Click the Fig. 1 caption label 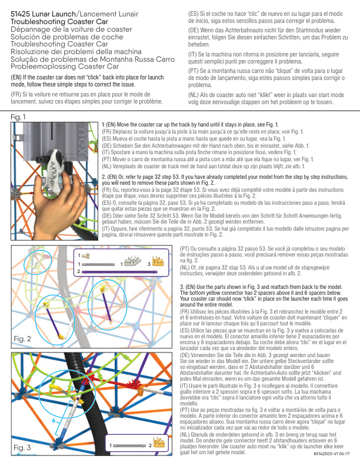(x=18, y=117)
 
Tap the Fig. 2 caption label (x=22, y=339)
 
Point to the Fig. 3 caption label (x=22, y=448)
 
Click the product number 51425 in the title (x=20, y=14)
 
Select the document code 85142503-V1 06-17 (x=332, y=454)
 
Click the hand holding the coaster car (x=59, y=202)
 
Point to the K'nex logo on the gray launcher (x=81, y=141)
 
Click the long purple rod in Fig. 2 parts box (x=119, y=272)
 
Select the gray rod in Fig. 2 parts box (x=98, y=264)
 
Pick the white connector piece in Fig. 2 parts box (x=133, y=261)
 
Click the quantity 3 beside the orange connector (x=149, y=264)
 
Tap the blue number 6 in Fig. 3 (x=54, y=421)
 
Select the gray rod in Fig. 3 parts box (x=129, y=446)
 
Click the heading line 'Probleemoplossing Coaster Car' (x=65, y=66)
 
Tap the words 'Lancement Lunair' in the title (x=109, y=14)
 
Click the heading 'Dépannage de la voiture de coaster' (x=71, y=29)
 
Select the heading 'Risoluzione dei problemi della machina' (x=76, y=52)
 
